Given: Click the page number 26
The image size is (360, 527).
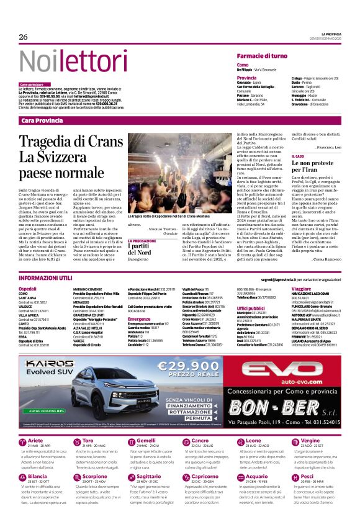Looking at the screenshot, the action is coord(24,37).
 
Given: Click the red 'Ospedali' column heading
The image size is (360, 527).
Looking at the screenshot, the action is coord(27,289).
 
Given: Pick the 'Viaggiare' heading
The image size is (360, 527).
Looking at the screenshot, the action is coord(302,289).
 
